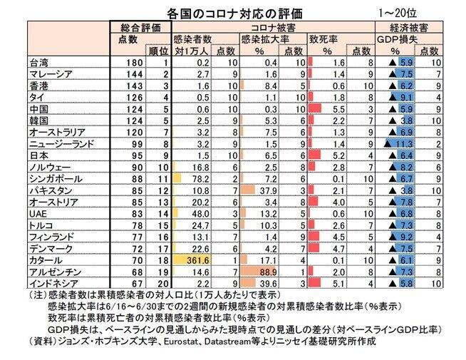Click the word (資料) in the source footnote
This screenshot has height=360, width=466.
(x=42, y=341)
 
